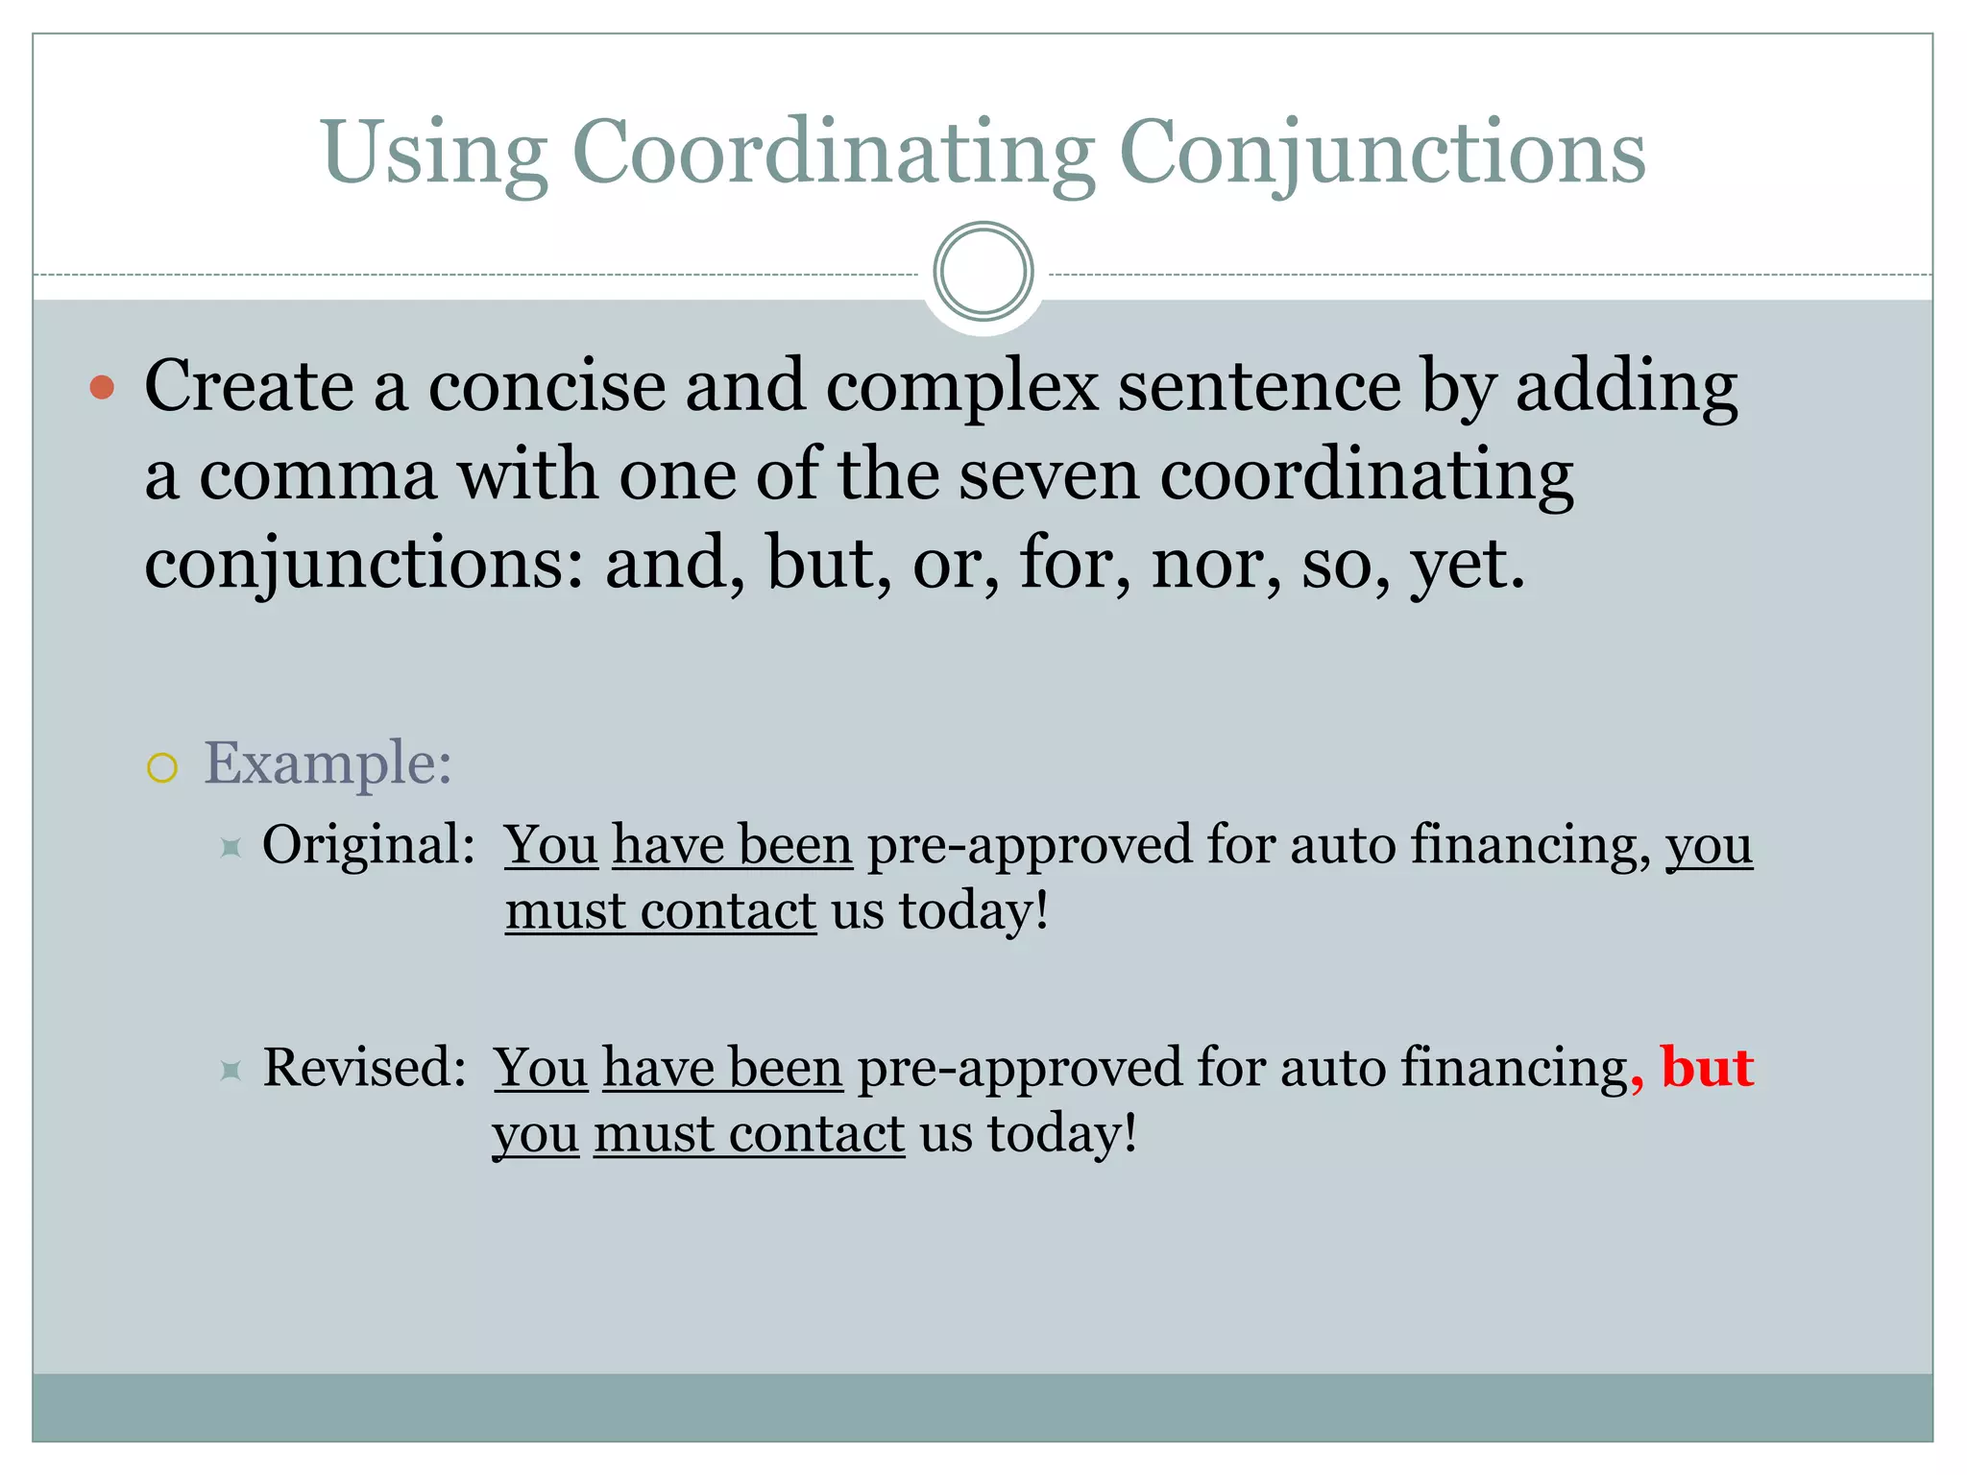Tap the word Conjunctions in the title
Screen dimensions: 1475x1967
click(1382, 154)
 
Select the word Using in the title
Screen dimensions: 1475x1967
click(434, 154)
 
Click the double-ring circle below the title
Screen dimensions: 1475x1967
click(983, 272)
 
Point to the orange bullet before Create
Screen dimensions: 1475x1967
click(102, 388)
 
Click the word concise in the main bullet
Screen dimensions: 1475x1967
click(546, 386)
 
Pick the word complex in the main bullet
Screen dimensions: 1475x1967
click(961, 388)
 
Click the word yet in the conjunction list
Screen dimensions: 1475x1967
click(1465, 565)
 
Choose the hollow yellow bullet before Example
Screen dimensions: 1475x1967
click(162, 767)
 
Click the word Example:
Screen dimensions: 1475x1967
click(328, 764)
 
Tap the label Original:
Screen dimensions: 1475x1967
click(369, 845)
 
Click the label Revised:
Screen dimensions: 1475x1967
click(365, 1068)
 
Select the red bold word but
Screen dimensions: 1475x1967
click(1707, 1067)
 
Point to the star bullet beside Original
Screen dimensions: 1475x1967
click(231, 847)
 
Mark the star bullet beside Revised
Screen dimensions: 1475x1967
click(231, 1070)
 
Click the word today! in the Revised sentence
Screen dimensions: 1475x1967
click(1061, 1133)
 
